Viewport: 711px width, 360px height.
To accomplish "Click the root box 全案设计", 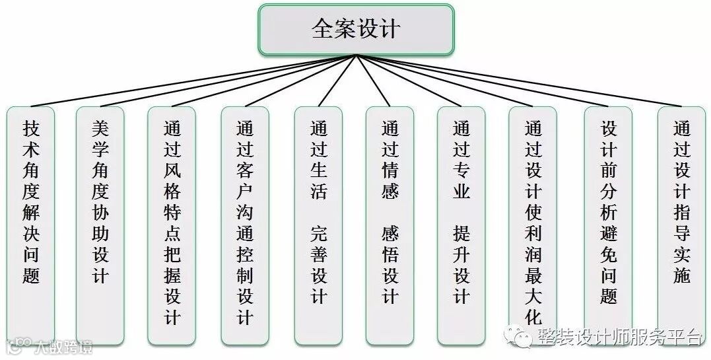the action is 356,30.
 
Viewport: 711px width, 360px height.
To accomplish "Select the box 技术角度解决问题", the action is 31,225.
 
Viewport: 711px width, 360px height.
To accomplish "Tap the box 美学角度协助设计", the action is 100,225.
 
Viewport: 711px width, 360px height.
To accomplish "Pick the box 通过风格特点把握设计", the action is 172,225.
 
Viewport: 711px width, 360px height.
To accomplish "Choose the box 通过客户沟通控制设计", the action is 245,225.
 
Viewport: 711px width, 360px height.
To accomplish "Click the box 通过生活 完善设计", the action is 319,225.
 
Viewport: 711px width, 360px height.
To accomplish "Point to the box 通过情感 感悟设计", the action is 390,225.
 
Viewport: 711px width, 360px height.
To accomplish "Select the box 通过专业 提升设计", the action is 461,225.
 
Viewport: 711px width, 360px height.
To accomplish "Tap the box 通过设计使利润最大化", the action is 533,225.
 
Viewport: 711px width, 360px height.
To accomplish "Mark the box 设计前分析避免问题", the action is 608,225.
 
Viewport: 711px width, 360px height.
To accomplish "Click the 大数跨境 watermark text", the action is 63,346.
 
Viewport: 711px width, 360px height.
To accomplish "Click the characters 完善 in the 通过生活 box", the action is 319,245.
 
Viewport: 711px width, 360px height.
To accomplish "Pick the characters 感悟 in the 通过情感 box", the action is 390,245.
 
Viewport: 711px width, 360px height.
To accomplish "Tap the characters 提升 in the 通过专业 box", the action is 461,245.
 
